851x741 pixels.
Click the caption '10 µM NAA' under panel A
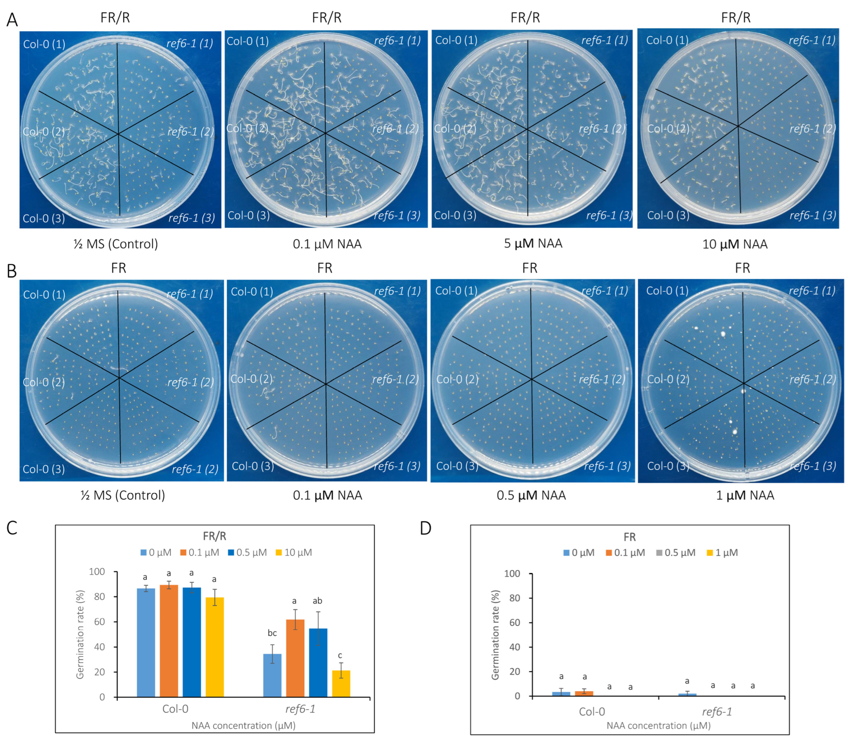(735, 244)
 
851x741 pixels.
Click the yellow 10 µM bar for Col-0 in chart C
(215, 648)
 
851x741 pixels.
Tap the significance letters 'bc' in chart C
(272, 633)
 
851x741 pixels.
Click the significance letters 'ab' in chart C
(317, 601)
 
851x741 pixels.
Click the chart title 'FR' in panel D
(630, 537)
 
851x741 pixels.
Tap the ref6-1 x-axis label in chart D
(717, 712)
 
